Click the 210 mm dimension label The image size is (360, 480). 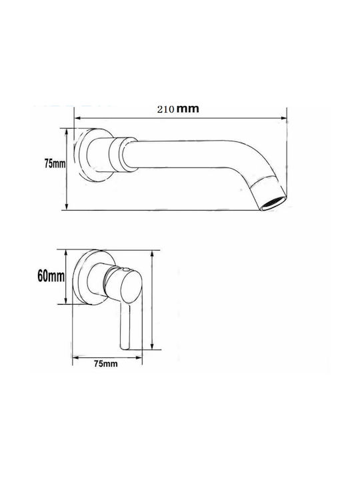click(178, 109)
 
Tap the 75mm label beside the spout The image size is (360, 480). click(55, 164)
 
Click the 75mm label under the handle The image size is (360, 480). click(106, 364)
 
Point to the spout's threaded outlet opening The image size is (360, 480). click(274, 204)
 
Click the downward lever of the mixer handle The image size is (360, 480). click(126, 326)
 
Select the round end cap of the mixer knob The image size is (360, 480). click(131, 287)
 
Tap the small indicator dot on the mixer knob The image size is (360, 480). click(125, 270)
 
